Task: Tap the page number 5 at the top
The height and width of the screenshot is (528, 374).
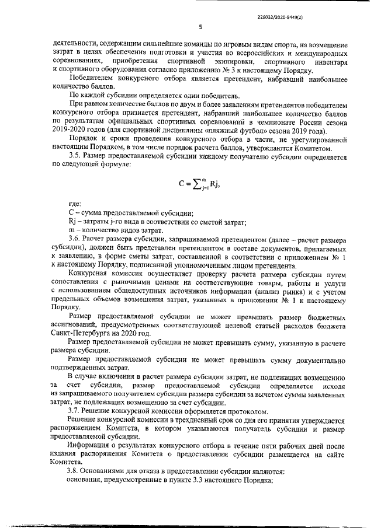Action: click(x=200, y=27)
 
